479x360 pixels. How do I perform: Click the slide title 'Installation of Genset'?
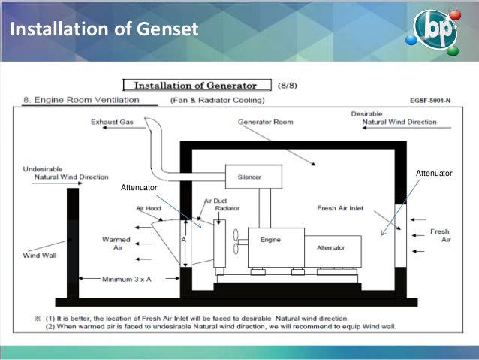coord(104,30)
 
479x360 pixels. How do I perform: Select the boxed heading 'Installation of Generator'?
coord(200,85)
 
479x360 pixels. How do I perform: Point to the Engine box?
coord(270,241)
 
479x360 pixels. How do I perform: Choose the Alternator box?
coord(331,247)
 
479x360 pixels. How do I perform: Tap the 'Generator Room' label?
coord(265,121)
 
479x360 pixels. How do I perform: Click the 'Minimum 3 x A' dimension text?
coord(128,279)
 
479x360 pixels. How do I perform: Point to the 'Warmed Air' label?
coord(116,244)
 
